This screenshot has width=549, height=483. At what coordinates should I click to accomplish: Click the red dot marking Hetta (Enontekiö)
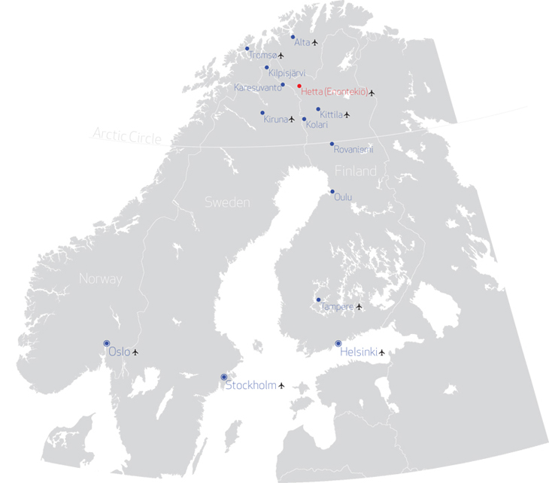pyautogui.click(x=299, y=86)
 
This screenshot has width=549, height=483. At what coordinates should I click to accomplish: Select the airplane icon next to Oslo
pyautogui.click(x=135, y=351)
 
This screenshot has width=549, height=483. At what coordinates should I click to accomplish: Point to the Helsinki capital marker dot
pyautogui.click(x=338, y=343)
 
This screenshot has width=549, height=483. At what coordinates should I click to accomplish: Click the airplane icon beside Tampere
pyautogui.click(x=359, y=306)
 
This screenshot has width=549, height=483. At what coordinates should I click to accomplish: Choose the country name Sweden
pyautogui.click(x=227, y=202)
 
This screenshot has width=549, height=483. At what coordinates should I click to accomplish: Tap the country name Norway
pyautogui.click(x=101, y=278)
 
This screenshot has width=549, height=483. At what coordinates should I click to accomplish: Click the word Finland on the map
pyautogui.click(x=356, y=172)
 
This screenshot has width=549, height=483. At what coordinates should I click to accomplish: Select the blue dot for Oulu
pyautogui.click(x=332, y=191)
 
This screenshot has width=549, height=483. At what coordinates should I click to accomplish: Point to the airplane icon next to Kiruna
pyautogui.click(x=292, y=119)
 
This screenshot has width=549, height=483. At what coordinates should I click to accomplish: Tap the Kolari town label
pyautogui.click(x=317, y=125)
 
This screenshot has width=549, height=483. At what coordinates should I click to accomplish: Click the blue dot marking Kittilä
pyautogui.click(x=318, y=109)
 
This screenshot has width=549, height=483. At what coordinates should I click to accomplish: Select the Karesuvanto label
pyautogui.click(x=257, y=87)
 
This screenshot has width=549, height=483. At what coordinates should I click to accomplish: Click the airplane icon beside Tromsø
pyautogui.click(x=281, y=55)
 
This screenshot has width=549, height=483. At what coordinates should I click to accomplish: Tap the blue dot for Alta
pyautogui.click(x=293, y=36)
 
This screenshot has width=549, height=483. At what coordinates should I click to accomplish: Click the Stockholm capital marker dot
pyautogui.click(x=223, y=377)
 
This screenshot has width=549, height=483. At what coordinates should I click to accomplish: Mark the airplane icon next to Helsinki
pyautogui.click(x=382, y=351)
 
